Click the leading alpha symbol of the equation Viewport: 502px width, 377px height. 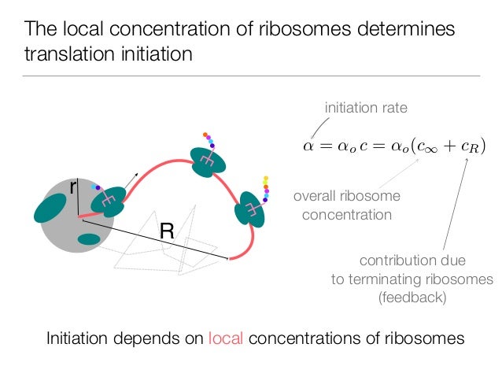(308, 146)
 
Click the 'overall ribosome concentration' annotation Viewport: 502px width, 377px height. (346, 205)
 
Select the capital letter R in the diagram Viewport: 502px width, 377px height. (167, 231)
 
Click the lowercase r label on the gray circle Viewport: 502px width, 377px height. (73, 187)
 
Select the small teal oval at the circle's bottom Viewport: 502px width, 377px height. (88, 238)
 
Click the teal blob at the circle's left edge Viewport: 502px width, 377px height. (50, 208)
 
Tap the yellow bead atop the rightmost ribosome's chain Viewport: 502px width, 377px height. (266, 178)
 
